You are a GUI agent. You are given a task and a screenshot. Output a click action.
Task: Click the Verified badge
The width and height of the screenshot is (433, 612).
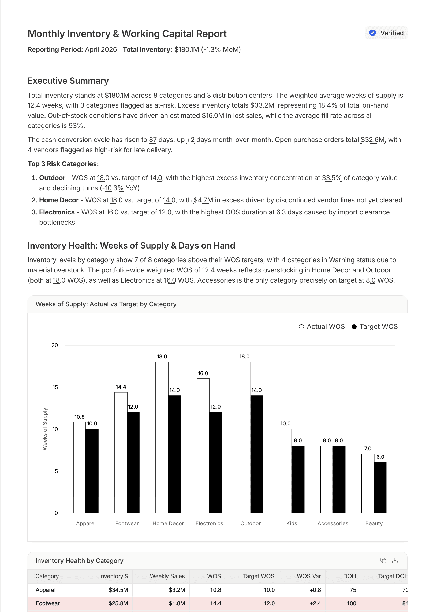point(386,33)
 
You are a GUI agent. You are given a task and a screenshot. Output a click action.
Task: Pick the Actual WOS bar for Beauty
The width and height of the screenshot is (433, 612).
point(368,483)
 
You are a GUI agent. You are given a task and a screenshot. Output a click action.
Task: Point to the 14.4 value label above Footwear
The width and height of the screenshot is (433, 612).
point(121,387)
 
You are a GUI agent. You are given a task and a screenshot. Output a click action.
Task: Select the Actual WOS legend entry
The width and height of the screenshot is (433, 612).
point(322,327)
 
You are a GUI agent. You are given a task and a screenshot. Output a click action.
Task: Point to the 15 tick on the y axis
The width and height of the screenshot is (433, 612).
point(55,387)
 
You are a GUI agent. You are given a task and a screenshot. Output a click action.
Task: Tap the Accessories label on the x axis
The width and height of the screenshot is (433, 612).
point(333,523)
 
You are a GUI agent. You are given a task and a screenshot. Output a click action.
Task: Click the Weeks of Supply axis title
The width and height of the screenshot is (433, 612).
point(45,429)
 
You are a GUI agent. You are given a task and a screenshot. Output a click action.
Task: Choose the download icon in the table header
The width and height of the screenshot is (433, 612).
point(395,560)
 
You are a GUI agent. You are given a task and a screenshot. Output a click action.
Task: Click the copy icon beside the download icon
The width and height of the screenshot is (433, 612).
point(383,560)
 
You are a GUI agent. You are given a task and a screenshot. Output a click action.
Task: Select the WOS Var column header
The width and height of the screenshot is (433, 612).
point(309,576)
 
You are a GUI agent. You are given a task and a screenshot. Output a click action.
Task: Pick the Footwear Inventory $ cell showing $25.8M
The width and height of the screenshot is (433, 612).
point(118,603)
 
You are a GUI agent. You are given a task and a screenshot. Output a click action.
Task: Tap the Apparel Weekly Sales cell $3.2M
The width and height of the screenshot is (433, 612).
point(177,590)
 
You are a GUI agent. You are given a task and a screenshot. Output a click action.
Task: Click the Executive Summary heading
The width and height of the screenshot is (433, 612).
point(68,81)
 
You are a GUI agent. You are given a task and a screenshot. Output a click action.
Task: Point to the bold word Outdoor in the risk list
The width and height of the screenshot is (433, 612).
point(52,178)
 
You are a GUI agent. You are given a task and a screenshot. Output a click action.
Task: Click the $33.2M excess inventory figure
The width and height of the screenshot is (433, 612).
point(262,105)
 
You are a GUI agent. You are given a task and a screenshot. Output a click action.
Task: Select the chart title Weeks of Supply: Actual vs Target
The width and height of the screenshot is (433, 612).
point(106,304)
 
